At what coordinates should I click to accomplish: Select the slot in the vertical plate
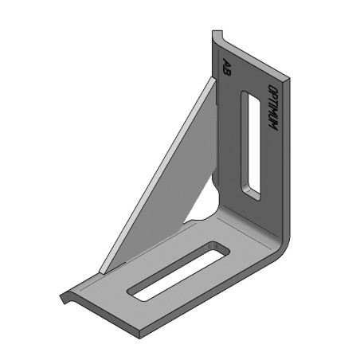pyautogui.click(x=251, y=143)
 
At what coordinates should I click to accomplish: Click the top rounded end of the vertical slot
pyautogui.click(x=247, y=98)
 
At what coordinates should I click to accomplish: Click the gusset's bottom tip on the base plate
pyautogui.click(x=106, y=269)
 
